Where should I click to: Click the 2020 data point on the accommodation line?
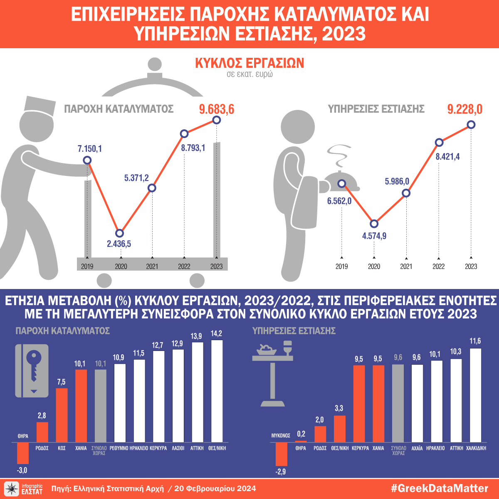click(x=119, y=233)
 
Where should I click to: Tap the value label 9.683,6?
click(x=217, y=109)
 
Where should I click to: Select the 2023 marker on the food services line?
click(x=471, y=124)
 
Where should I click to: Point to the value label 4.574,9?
click(x=374, y=236)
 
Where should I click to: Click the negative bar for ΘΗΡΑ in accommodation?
click(x=22, y=453)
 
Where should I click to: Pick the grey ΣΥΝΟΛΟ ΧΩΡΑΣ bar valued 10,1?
click(x=100, y=405)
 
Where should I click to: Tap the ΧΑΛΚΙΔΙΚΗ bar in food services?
click(x=475, y=395)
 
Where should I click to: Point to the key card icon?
click(x=32, y=371)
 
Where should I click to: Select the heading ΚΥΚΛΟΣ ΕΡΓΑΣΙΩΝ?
click(x=249, y=63)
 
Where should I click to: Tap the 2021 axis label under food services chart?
click(x=406, y=267)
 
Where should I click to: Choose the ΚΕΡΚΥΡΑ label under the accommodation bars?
click(x=158, y=448)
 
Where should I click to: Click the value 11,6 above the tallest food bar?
click(x=475, y=341)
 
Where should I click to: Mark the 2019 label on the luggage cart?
click(x=87, y=267)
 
